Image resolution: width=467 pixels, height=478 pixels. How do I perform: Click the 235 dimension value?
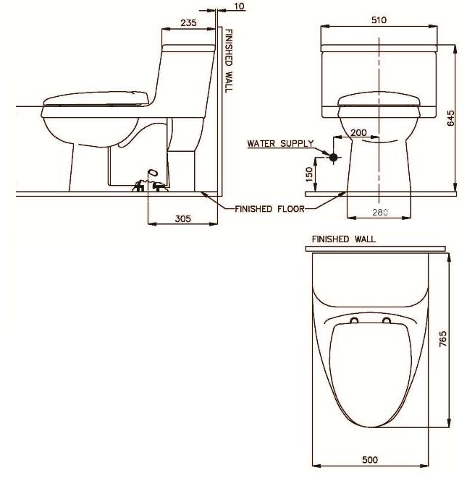(x=188, y=22)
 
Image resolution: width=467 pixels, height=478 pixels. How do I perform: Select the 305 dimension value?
(x=183, y=218)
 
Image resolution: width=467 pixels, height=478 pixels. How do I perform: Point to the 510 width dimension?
(x=379, y=21)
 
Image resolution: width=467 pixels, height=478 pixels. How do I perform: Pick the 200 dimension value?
(x=358, y=133)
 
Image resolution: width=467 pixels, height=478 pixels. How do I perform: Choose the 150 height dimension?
(x=311, y=174)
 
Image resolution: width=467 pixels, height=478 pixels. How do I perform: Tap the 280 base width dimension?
(x=378, y=212)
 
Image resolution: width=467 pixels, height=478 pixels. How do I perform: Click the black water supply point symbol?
(x=333, y=157)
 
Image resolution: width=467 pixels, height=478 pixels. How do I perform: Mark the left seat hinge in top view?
(x=354, y=320)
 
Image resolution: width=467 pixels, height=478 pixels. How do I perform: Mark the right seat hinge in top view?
(x=387, y=320)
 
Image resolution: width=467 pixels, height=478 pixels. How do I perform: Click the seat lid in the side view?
(x=95, y=98)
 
